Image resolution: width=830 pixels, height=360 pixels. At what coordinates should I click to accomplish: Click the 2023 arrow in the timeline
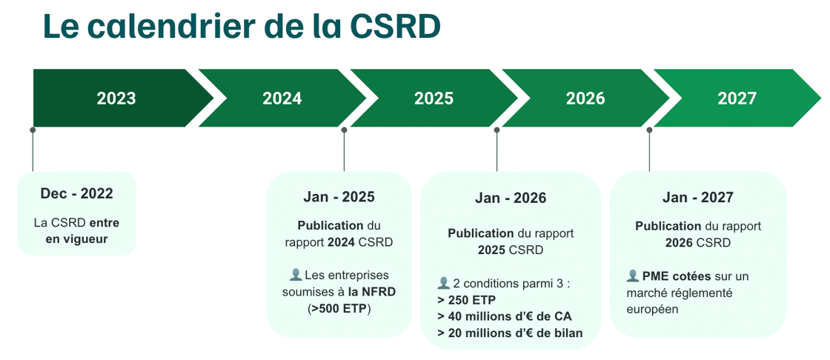116,99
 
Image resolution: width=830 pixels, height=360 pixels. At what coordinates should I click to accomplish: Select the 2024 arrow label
282,99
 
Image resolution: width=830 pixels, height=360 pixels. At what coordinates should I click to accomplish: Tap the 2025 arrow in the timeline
434,99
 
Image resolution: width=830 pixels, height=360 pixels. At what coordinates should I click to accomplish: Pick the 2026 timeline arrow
585,99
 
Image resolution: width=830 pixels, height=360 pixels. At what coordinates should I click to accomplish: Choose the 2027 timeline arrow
737,99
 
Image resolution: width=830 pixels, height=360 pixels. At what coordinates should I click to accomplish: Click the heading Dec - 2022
76,194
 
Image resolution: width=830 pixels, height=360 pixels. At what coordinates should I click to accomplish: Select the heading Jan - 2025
339,197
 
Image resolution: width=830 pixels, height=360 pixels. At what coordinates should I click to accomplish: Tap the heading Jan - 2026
511,199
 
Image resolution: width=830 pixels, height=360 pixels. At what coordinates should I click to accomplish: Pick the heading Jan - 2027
697,198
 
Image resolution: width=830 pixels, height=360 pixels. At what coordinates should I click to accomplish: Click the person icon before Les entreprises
295,275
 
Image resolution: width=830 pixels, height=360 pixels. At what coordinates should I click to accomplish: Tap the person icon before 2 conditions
444,283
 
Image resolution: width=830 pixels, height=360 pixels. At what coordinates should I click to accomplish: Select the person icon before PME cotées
632,276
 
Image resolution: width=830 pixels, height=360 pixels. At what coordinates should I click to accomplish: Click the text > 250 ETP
467,300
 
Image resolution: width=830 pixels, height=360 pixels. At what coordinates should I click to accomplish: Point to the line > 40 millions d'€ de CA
505,316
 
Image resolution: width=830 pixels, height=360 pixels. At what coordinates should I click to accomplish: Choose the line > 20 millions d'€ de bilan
510,333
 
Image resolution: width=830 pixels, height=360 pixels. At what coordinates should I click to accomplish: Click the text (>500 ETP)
339,308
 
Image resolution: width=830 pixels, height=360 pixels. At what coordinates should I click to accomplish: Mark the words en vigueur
76,239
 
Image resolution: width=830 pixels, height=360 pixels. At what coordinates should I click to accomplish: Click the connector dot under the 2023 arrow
33,130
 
